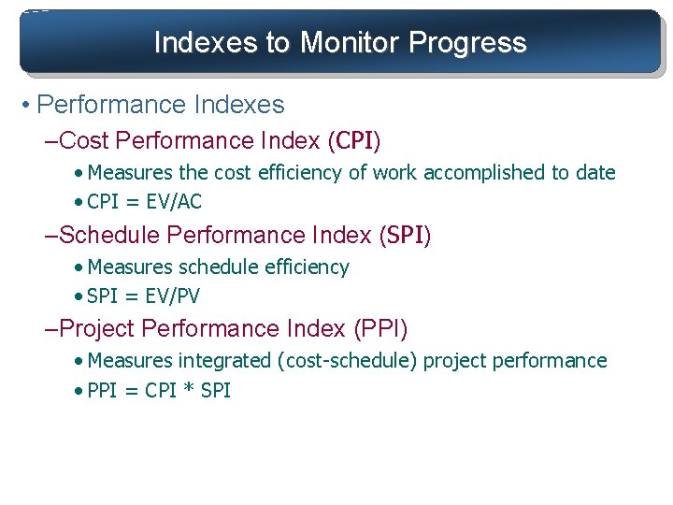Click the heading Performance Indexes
(x=161, y=105)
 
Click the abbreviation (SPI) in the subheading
(x=405, y=235)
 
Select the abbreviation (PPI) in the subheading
(x=380, y=328)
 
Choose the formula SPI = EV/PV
(x=143, y=296)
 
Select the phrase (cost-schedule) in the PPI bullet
(x=348, y=361)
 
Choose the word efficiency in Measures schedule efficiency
(x=306, y=267)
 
